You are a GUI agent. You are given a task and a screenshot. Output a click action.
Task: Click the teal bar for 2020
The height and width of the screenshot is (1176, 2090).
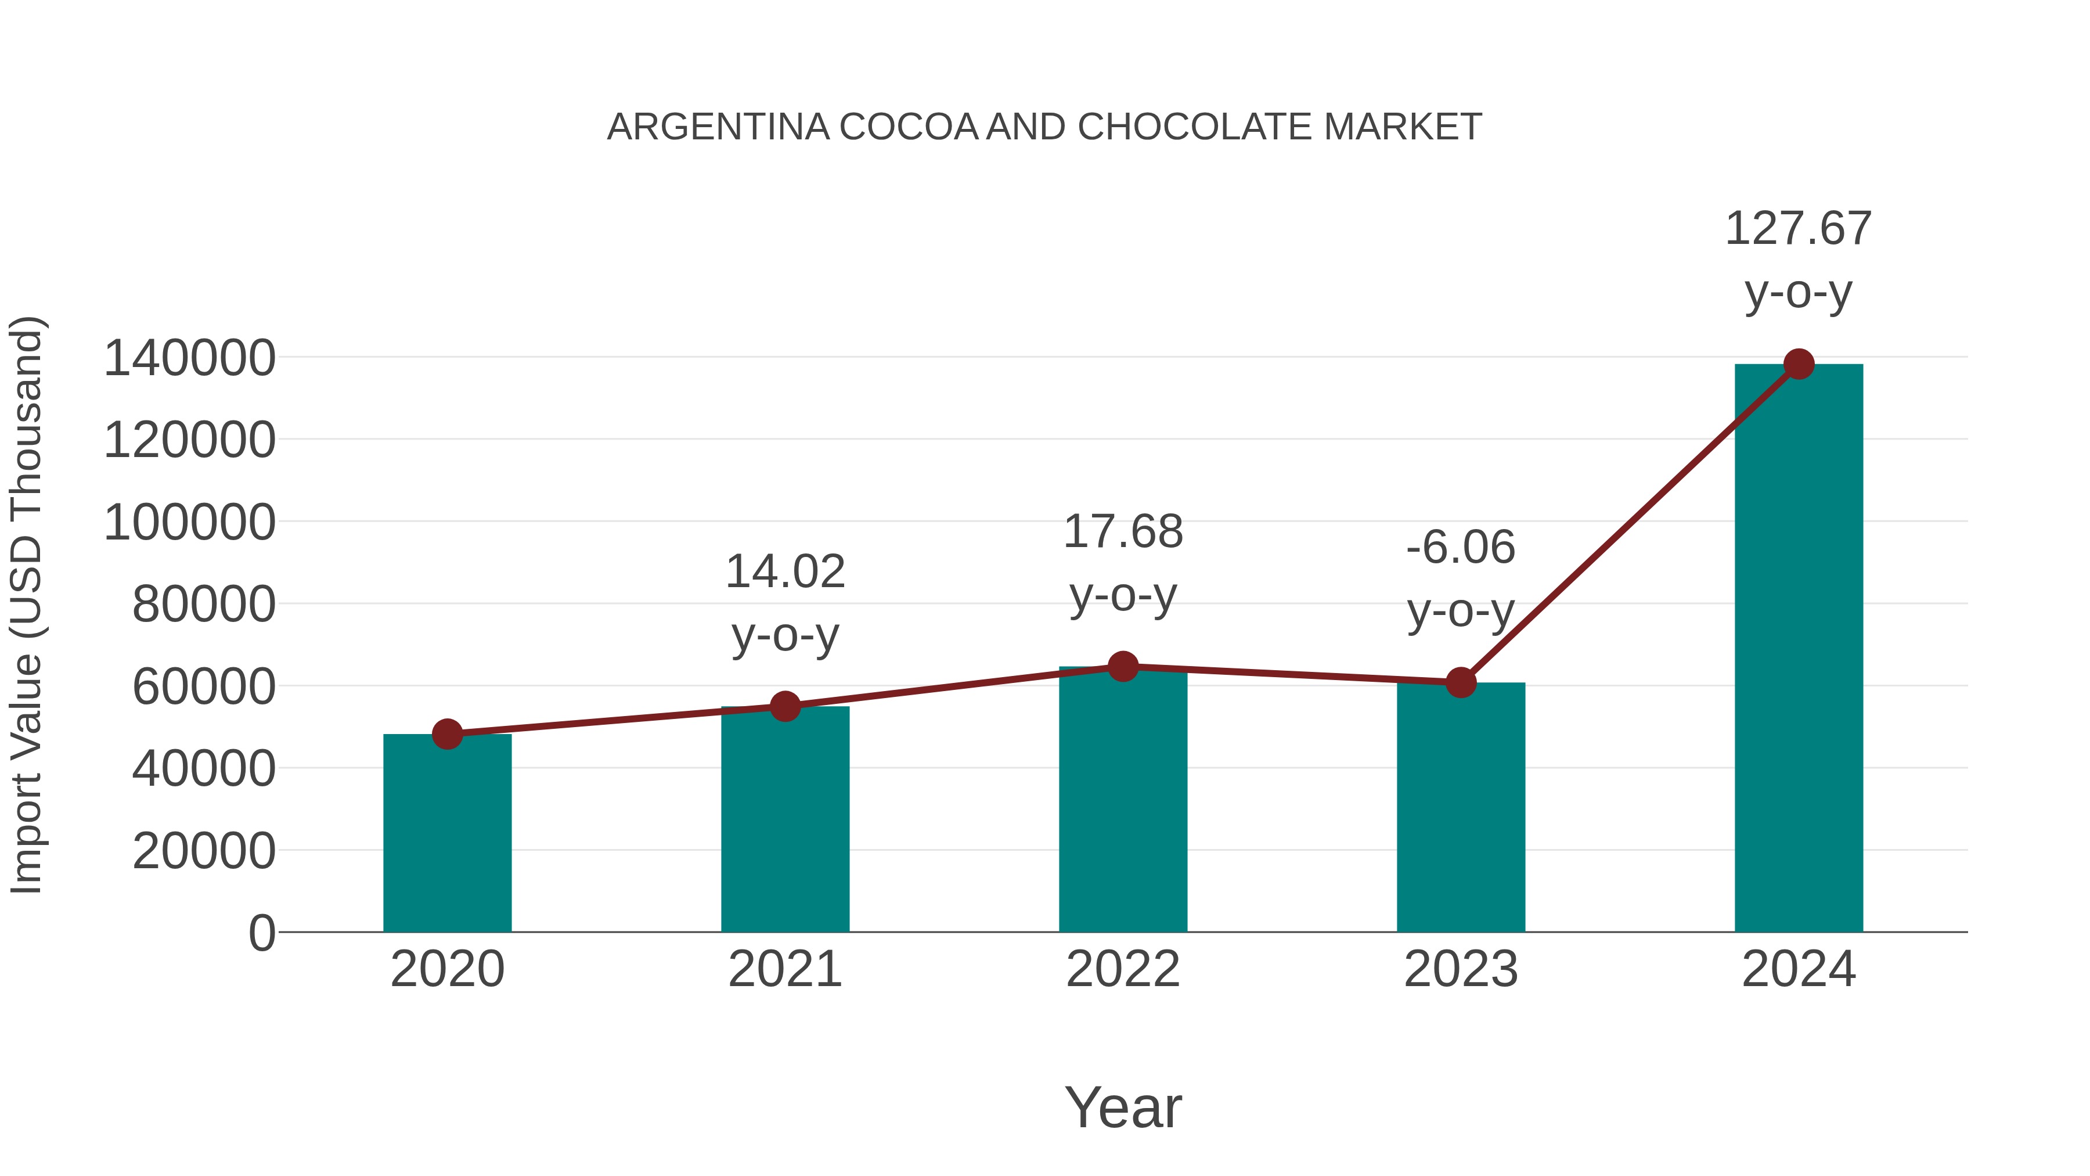click(x=447, y=836)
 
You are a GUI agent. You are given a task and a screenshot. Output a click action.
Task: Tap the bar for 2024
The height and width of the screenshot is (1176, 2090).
click(x=1798, y=649)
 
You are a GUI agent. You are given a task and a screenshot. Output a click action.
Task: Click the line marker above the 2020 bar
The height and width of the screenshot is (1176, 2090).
click(x=447, y=735)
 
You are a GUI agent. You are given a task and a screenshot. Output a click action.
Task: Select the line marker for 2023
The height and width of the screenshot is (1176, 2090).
click(x=1461, y=682)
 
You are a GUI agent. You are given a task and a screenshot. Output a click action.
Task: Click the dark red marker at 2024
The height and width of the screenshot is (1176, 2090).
click(x=1799, y=364)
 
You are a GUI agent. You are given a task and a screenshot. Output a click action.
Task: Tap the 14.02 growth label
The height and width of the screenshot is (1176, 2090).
click(x=784, y=571)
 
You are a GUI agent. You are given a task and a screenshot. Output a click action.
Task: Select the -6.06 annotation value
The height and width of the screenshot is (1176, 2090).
click(x=1461, y=547)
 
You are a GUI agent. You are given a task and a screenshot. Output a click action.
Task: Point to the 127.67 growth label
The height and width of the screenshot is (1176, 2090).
click(x=1798, y=228)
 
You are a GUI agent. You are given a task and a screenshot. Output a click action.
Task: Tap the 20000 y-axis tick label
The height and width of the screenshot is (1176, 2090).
click(x=204, y=851)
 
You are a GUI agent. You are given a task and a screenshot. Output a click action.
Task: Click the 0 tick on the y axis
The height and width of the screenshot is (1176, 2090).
click(x=262, y=933)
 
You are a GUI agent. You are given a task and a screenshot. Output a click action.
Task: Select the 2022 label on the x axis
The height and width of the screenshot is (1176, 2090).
click(x=1123, y=969)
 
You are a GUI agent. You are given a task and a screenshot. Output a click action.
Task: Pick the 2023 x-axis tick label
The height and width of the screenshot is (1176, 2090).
click(x=1461, y=969)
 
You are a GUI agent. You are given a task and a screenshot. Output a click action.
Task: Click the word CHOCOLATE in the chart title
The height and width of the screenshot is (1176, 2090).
click(x=1196, y=127)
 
